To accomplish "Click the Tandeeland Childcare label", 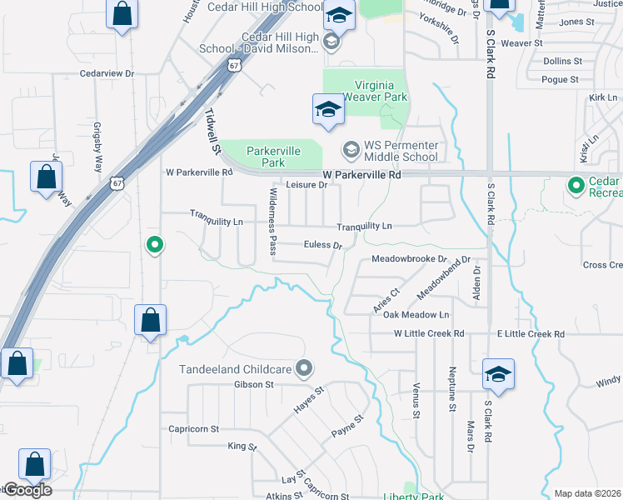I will coord(235,369).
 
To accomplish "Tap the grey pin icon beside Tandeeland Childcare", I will coord(305,367).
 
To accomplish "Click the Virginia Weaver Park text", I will coord(368,91).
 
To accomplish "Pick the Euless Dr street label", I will coord(323,245).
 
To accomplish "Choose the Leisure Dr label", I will coord(306,185).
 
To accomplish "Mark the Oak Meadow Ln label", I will coord(416,314).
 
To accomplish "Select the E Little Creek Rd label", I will coord(531,333).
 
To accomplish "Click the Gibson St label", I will coord(254,384).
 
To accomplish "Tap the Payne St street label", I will coord(348,426).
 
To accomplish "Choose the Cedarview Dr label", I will coord(107,73).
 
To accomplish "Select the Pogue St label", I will coord(560,80).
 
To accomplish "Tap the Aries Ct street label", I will coord(390,297).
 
